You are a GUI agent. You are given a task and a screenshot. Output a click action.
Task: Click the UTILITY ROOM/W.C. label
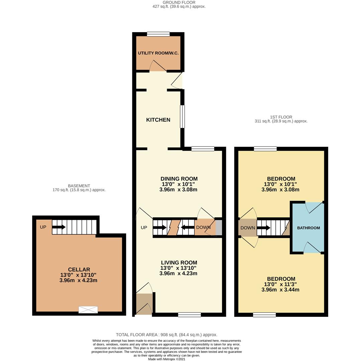158,53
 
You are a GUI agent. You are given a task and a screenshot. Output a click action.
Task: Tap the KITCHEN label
158,120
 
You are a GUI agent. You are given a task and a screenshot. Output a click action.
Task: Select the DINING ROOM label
179,178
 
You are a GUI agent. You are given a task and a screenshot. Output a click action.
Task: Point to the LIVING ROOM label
179,262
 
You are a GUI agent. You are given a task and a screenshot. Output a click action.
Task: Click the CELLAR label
79,269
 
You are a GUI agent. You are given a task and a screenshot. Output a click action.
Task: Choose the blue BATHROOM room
308,228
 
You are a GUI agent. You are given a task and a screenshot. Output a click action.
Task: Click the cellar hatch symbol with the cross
88,310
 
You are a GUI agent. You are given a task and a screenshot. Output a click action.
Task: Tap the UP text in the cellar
43,227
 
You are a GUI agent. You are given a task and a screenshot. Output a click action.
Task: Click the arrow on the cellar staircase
59,227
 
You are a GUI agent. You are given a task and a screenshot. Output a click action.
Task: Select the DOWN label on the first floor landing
248,228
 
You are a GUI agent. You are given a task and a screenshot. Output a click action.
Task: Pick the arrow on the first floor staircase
263,228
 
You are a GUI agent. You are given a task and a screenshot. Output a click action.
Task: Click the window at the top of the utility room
158,34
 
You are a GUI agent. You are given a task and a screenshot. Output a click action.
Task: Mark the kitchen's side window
182,117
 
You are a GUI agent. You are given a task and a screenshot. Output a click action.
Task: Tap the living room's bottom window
190,315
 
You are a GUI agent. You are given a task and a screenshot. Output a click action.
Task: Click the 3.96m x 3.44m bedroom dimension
280,289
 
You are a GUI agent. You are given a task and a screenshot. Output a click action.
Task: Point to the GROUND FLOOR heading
179,2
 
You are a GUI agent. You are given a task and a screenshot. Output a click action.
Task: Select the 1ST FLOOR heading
281,117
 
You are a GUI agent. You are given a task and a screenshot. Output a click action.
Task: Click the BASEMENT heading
79,186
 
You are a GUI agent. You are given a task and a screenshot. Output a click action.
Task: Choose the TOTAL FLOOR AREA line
166,335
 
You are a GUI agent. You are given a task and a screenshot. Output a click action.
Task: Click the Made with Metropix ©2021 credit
166,359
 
